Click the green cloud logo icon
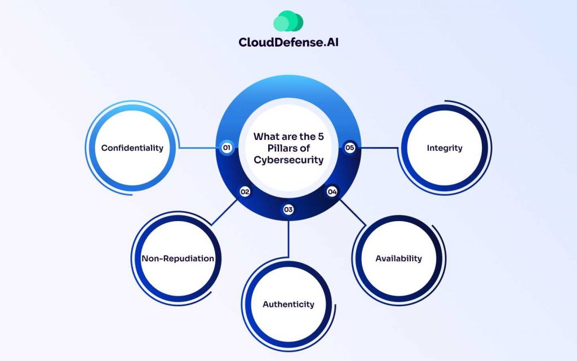pyautogui.click(x=288, y=21)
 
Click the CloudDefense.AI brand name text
pyautogui.click(x=288, y=42)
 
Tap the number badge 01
pyautogui.click(x=227, y=148)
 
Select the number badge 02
pyautogui.click(x=245, y=192)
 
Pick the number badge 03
pyautogui.click(x=288, y=210)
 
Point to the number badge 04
pyautogui.click(x=332, y=192)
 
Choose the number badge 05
pyautogui.click(x=349, y=148)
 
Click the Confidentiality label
pyautogui.click(x=132, y=148)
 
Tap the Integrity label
pyautogui.click(x=445, y=148)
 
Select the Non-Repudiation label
pyautogui.click(x=177, y=258)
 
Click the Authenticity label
pyautogui.click(x=288, y=304)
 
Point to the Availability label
pyautogui.click(x=398, y=258)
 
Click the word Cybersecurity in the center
pyautogui.click(x=288, y=160)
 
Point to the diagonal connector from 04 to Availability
pyautogui.click(x=353, y=212)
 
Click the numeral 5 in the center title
pyautogui.click(x=321, y=137)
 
